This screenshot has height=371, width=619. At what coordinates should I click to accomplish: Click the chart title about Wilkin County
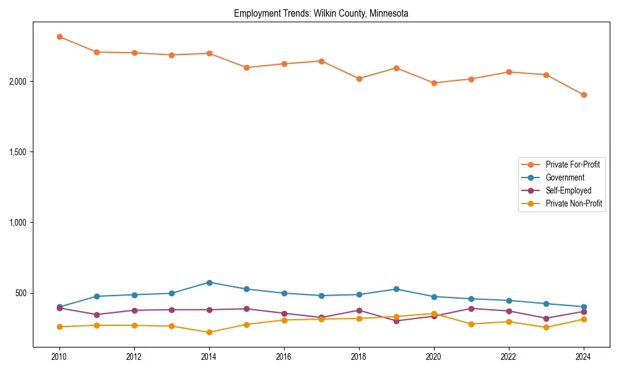(x=321, y=13)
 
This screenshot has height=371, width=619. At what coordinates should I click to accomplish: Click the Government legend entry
(x=565, y=177)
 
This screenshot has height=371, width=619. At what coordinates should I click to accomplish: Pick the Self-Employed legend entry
(x=568, y=190)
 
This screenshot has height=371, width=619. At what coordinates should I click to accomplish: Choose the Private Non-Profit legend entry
(x=574, y=203)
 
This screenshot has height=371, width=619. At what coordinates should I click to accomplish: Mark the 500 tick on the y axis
(x=22, y=293)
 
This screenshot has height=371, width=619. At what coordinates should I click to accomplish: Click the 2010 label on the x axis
(x=59, y=357)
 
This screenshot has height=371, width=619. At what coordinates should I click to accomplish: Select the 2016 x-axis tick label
(x=284, y=357)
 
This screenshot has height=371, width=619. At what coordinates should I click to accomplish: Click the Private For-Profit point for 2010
(x=59, y=36)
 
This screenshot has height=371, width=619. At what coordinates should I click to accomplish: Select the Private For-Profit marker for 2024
(x=584, y=95)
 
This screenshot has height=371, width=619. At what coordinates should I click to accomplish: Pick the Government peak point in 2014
(x=209, y=283)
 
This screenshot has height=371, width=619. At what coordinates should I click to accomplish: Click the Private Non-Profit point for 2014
(x=209, y=332)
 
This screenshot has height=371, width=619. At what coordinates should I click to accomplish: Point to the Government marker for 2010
(x=59, y=307)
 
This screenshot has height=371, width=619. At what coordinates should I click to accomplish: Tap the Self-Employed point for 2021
(x=471, y=309)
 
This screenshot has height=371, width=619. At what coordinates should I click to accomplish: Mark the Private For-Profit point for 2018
(x=359, y=79)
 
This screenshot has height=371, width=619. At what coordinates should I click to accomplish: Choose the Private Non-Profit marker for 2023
(x=546, y=327)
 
